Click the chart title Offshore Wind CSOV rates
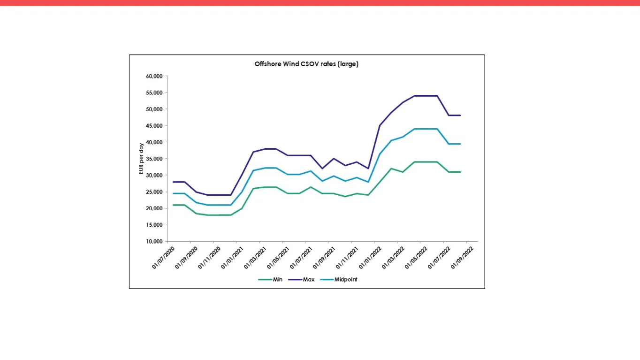(x=306, y=64)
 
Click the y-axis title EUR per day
(x=141, y=159)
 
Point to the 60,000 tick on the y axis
(x=155, y=76)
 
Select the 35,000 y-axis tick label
(x=155, y=159)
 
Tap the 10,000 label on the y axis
(x=155, y=241)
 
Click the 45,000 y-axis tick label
(x=155, y=126)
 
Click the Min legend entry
(x=277, y=279)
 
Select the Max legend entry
(x=308, y=279)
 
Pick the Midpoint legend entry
(x=345, y=279)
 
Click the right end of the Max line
(x=460, y=115)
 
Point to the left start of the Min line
(x=173, y=205)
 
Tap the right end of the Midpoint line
(x=460, y=144)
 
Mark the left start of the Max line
(x=173, y=182)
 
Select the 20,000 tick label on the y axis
(x=155, y=208)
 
